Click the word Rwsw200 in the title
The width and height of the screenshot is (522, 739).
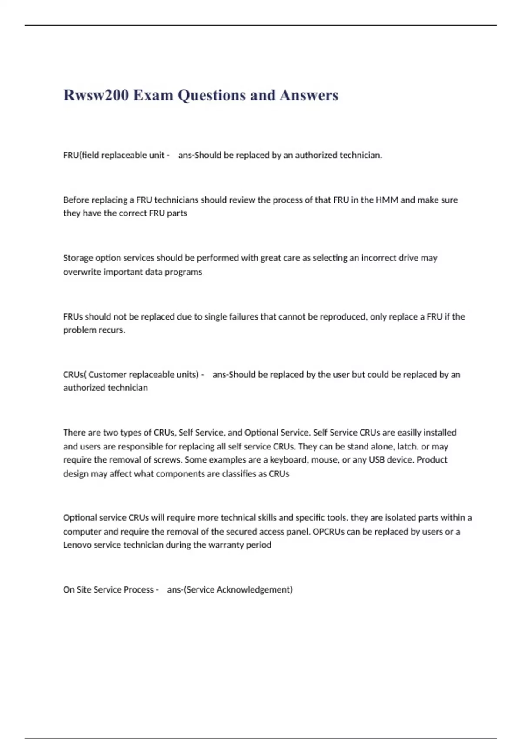click(96, 95)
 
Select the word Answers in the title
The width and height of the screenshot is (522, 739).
click(309, 95)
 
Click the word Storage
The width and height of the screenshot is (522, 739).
click(78, 258)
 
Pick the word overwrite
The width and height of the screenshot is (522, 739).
click(82, 272)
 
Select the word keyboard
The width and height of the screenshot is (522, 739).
click(288, 460)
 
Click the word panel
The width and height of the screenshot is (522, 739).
click(298, 531)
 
